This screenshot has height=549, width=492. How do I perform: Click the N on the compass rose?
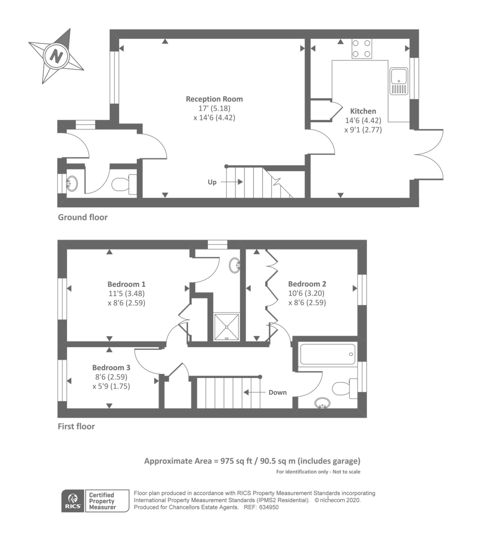56,57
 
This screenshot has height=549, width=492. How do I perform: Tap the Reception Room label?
214,99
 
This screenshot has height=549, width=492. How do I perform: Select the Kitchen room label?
363,111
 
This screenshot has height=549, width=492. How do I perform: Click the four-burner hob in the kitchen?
361,48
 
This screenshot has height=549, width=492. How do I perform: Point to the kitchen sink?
399,81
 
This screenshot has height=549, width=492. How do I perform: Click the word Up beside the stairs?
212,182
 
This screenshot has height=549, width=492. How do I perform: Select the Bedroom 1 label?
127,284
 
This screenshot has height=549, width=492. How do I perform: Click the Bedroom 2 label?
307,284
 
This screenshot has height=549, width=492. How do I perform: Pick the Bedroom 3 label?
111,367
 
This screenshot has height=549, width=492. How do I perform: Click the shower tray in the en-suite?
227,327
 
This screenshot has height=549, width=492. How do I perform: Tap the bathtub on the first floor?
328,354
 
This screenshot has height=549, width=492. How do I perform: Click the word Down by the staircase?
277,393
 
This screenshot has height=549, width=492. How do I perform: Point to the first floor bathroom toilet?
344,388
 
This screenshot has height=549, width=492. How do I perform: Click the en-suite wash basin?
234,265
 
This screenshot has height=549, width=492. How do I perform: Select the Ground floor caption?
83,217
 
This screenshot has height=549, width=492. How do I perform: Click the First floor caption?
76,426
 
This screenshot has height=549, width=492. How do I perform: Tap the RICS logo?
73,501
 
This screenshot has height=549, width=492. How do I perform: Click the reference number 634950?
269,507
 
